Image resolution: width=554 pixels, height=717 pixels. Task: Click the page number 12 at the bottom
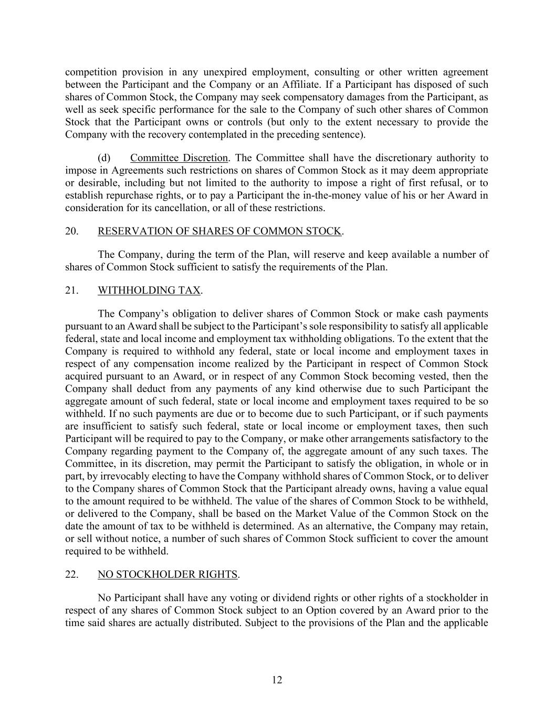[x=277, y=680]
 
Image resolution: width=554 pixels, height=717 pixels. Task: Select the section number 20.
[x=72, y=232]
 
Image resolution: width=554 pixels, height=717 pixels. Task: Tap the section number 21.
[x=72, y=290]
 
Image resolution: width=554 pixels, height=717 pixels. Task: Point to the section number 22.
[x=72, y=575]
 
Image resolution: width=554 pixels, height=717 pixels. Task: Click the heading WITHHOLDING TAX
[x=149, y=290]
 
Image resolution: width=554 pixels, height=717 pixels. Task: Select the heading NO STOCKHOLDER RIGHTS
[x=168, y=575]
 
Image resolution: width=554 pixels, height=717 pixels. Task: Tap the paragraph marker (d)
[x=104, y=158]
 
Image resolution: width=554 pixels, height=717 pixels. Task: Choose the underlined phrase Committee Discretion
[x=179, y=158]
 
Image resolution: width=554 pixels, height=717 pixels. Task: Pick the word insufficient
[x=109, y=427]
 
